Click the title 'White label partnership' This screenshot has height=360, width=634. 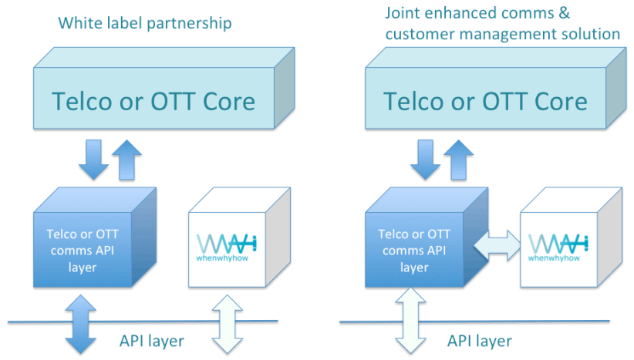(x=145, y=24)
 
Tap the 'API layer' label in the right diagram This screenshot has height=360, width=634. (x=480, y=340)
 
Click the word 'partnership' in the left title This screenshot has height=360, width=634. (x=191, y=24)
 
